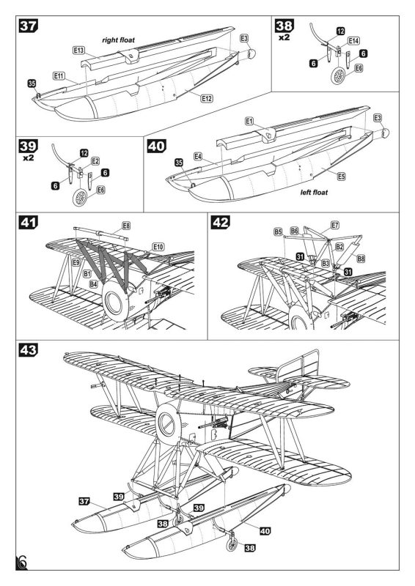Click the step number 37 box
coord(29,26)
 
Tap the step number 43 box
coord(29,350)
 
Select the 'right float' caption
coord(118,40)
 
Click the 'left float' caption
coord(314,193)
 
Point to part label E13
coord(79,51)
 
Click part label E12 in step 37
coord(207,98)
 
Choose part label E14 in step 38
coord(353,40)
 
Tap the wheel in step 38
coord(339,75)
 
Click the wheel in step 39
coord(80,197)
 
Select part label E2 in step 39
coord(95,161)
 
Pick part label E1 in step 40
coord(249,121)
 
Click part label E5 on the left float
coord(341,177)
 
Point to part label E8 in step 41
coord(127,226)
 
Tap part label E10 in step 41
coord(158,247)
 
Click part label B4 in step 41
coord(93,284)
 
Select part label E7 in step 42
coord(335,225)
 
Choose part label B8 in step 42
coord(361,259)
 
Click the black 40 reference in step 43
coord(265,530)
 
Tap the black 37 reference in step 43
coord(84,501)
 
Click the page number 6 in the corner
coord(21,563)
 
